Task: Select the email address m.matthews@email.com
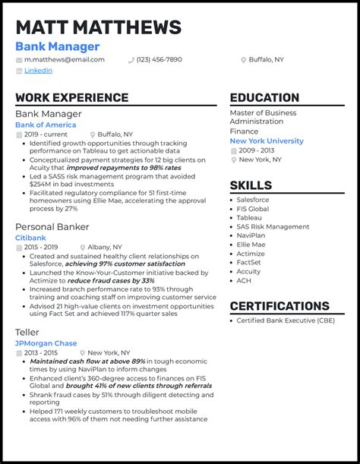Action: click(x=65, y=59)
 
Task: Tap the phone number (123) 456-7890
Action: click(x=159, y=59)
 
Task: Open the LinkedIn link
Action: click(x=38, y=71)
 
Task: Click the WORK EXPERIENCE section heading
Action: click(x=71, y=98)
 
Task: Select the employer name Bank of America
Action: click(x=46, y=125)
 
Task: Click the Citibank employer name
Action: click(x=30, y=238)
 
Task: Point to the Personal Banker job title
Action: click(x=52, y=226)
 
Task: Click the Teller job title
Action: click(x=27, y=332)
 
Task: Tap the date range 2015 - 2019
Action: click(x=42, y=247)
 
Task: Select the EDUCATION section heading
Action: click(x=264, y=98)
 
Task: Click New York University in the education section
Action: click(x=266, y=140)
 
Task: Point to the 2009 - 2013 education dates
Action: click(x=257, y=150)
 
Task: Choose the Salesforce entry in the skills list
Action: click(x=254, y=200)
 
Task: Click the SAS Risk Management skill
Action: click(x=273, y=226)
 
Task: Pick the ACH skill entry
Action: click(x=244, y=280)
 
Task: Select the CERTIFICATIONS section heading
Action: click(x=279, y=307)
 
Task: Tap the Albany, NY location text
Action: click(x=105, y=247)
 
